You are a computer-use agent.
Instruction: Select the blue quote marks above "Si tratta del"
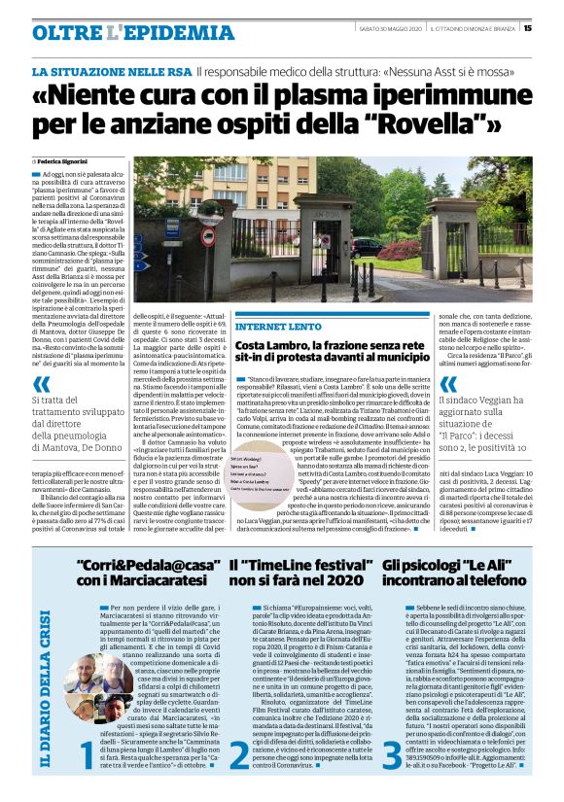(x=42, y=384)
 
